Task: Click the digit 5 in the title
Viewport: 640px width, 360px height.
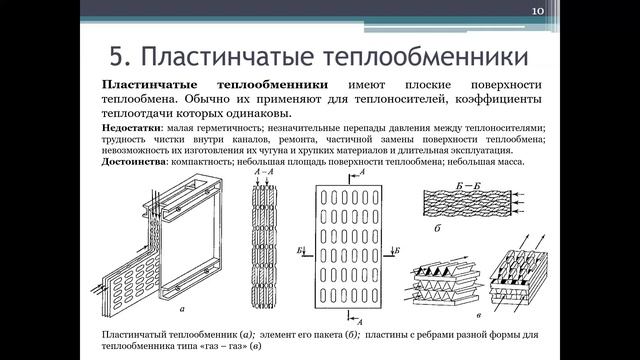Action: tap(114, 49)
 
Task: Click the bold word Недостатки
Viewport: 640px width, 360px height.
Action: tap(135, 128)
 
